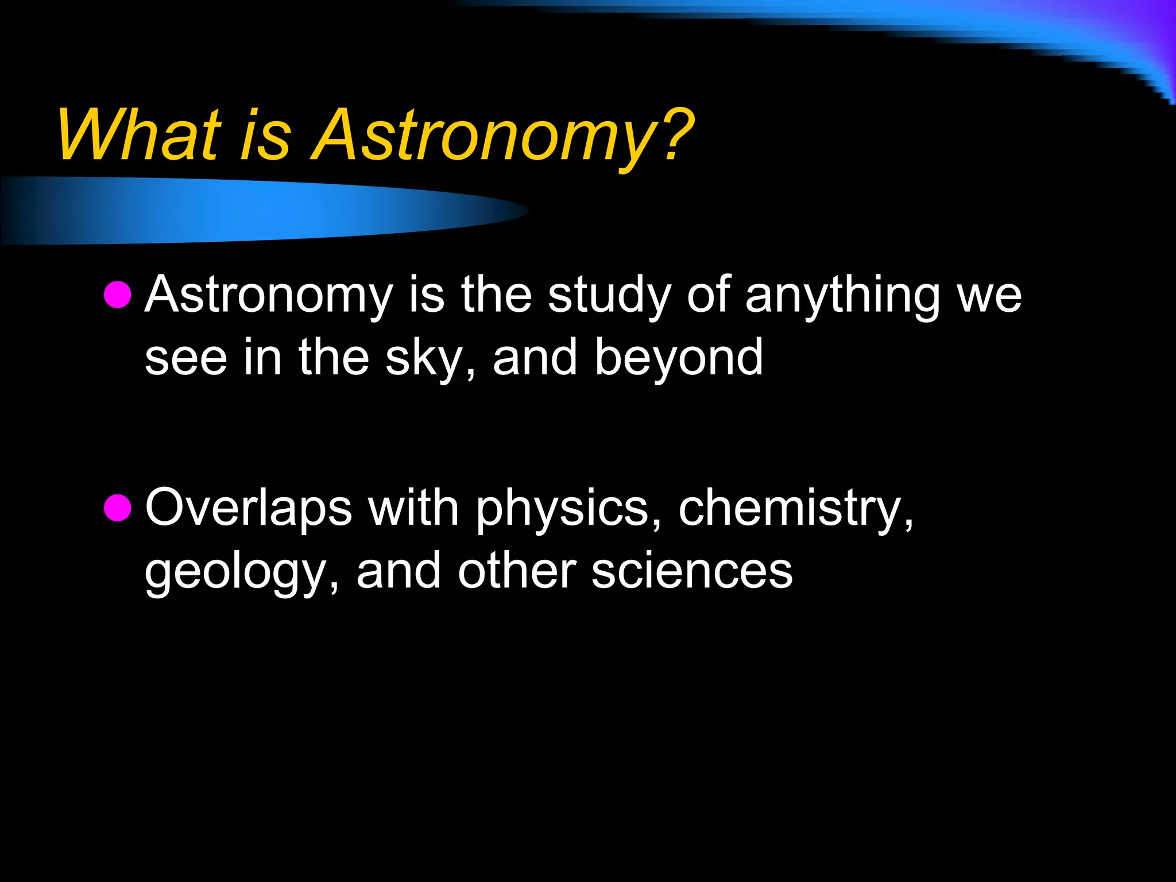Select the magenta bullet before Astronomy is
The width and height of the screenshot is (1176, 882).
tap(118, 295)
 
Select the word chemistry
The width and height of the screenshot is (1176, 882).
tap(795, 508)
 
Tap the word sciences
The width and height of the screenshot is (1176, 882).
tap(692, 571)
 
